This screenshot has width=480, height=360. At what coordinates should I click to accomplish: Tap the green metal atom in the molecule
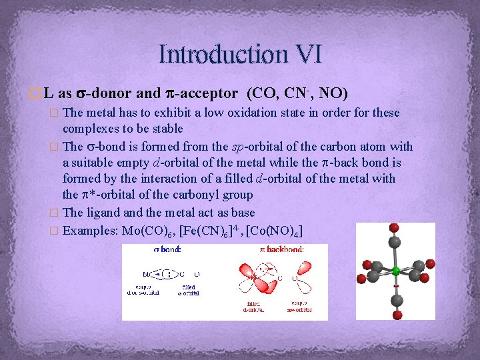click(395, 271)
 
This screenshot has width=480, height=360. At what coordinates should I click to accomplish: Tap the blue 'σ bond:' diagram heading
click(162, 250)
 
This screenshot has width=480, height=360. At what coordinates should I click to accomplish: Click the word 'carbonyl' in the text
click(196, 195)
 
